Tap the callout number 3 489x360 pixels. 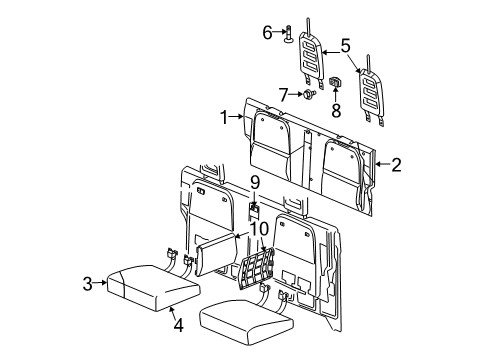(87, 284)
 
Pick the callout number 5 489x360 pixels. (345, 45)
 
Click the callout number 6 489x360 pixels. (268, 32)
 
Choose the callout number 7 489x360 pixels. (284, 94)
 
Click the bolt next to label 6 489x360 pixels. (287, 35)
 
